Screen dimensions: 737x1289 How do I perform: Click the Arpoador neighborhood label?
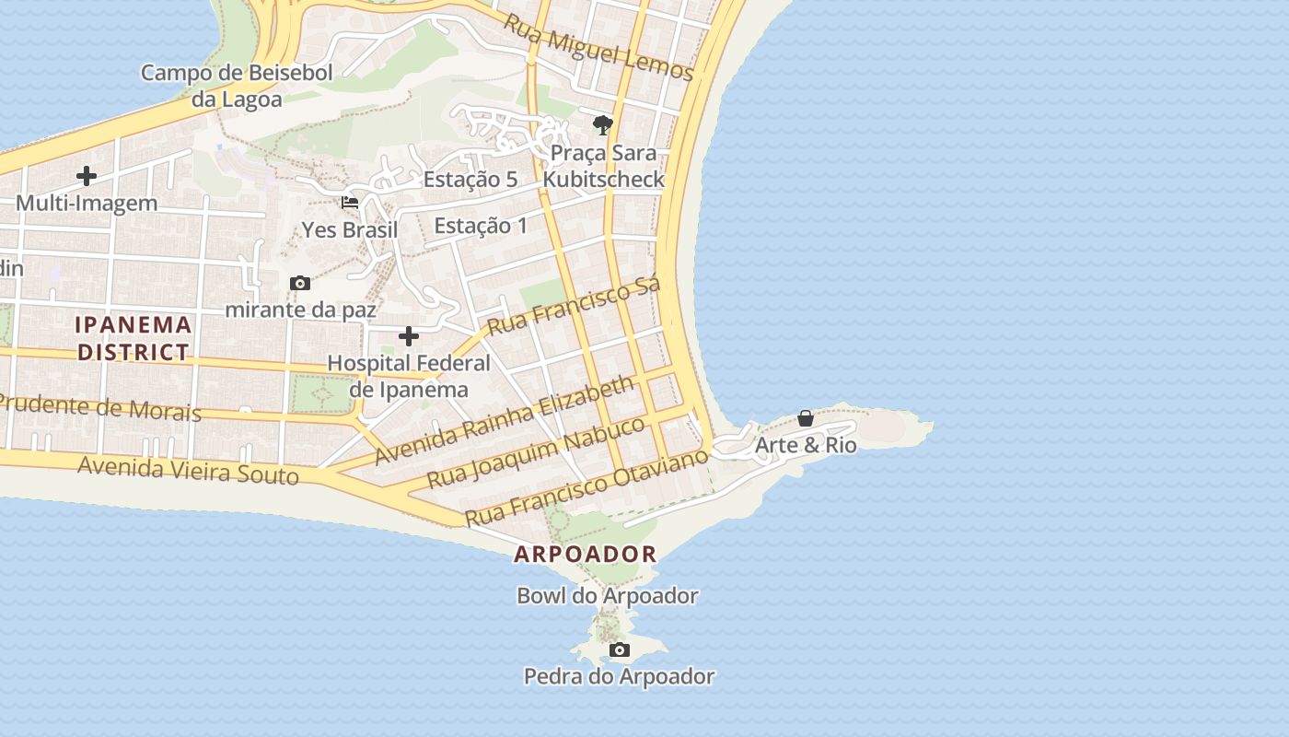click(586, 555)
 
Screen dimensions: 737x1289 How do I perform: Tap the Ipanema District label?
click(134, 338)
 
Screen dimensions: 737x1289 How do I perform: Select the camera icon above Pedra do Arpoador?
click(620, 650)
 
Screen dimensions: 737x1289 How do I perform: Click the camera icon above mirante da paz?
click(300, 284)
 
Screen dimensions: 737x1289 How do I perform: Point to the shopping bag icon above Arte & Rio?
click(806, 419)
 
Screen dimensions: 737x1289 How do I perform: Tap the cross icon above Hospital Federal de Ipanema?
click(409, 336)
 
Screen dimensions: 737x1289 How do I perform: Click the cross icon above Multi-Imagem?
click(87, 176)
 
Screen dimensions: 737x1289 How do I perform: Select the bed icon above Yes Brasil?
click(350, 203)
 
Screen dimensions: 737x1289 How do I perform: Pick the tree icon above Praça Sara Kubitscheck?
click(603, 124)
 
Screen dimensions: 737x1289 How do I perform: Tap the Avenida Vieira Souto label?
click(189, 470)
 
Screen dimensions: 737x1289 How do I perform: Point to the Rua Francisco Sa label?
click(573, 305)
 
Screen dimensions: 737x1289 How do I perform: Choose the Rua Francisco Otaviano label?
click(586, 486)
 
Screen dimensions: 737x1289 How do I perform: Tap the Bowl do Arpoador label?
click(607, 596)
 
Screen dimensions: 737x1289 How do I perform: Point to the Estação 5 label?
click(470, 180)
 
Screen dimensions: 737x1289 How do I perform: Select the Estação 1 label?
click(481, 226)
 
